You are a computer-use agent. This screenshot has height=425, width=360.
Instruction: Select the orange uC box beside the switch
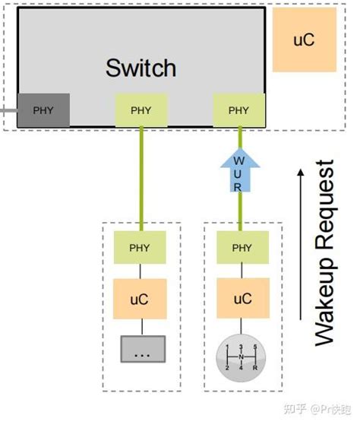[304, 40]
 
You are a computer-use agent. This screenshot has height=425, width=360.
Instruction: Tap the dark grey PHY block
[43, 110]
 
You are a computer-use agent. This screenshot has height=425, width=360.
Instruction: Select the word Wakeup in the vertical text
[325, 304]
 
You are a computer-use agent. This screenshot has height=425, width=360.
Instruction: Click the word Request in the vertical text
[325, 201]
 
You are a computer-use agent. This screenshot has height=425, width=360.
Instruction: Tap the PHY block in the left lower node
[140, 248]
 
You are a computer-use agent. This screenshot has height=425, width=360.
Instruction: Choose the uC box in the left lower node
[140, 298]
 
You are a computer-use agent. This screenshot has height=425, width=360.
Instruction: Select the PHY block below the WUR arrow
[242, 248]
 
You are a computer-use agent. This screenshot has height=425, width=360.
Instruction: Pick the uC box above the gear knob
[242, 298]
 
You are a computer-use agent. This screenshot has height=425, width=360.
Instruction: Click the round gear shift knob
[242, 355]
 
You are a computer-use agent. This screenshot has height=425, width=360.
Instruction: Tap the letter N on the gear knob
[242, 356]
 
